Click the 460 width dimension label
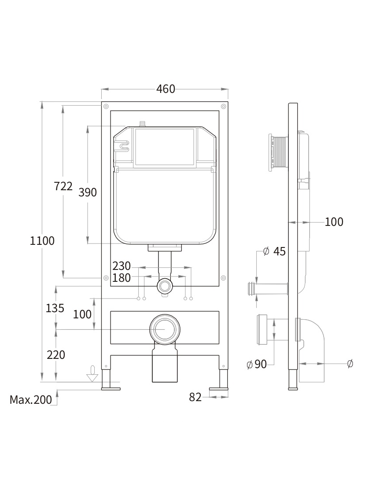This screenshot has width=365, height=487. pos(166,89)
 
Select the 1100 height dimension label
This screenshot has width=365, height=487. pos(42,241)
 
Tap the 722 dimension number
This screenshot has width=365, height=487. pos(63,186)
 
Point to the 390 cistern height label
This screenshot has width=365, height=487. pos(88,192)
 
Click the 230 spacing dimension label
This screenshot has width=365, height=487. pos(122,266)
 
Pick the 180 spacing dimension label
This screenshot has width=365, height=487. pos(122,278)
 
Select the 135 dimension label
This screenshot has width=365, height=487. pos(55,308)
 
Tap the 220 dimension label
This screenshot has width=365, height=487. pos(55,354)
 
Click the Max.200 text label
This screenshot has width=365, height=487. pos(31,400)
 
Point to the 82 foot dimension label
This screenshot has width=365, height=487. pos(195,397)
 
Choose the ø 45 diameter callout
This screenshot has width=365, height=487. pos(274,251)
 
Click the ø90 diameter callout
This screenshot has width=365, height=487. pos(257,364)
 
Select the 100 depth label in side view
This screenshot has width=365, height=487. pos(334,222)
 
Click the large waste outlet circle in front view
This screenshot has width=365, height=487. pos(165,329)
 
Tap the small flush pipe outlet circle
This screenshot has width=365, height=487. pos(165,286)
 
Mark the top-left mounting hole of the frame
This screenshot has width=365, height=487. pos(106,106)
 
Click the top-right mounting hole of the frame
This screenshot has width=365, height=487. pos(224,106)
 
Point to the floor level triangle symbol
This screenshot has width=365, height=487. pos(92,376)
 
